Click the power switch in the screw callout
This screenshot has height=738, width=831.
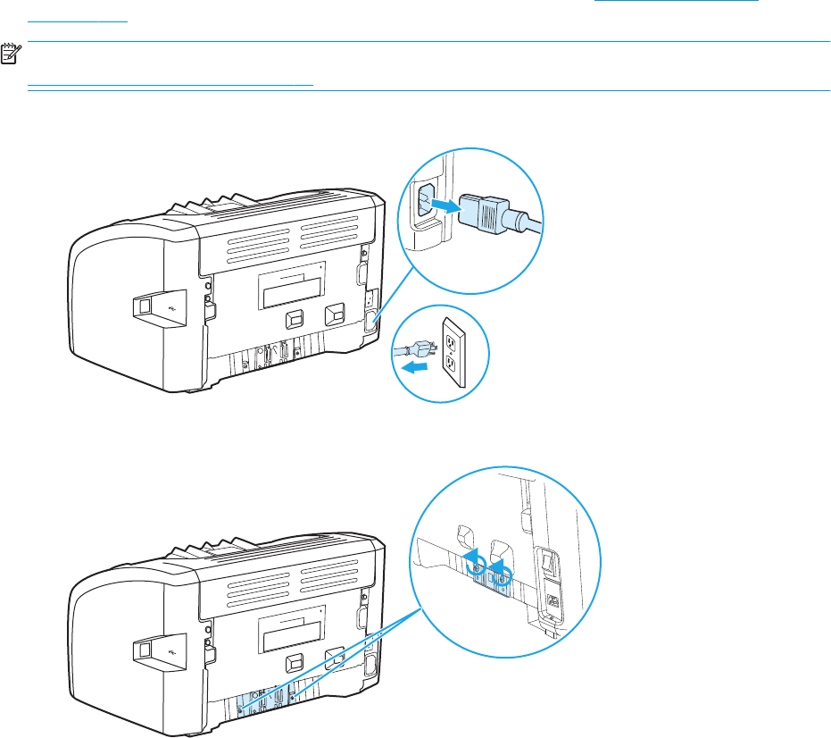[547, 561]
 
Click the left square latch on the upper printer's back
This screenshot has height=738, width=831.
[294, 317]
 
